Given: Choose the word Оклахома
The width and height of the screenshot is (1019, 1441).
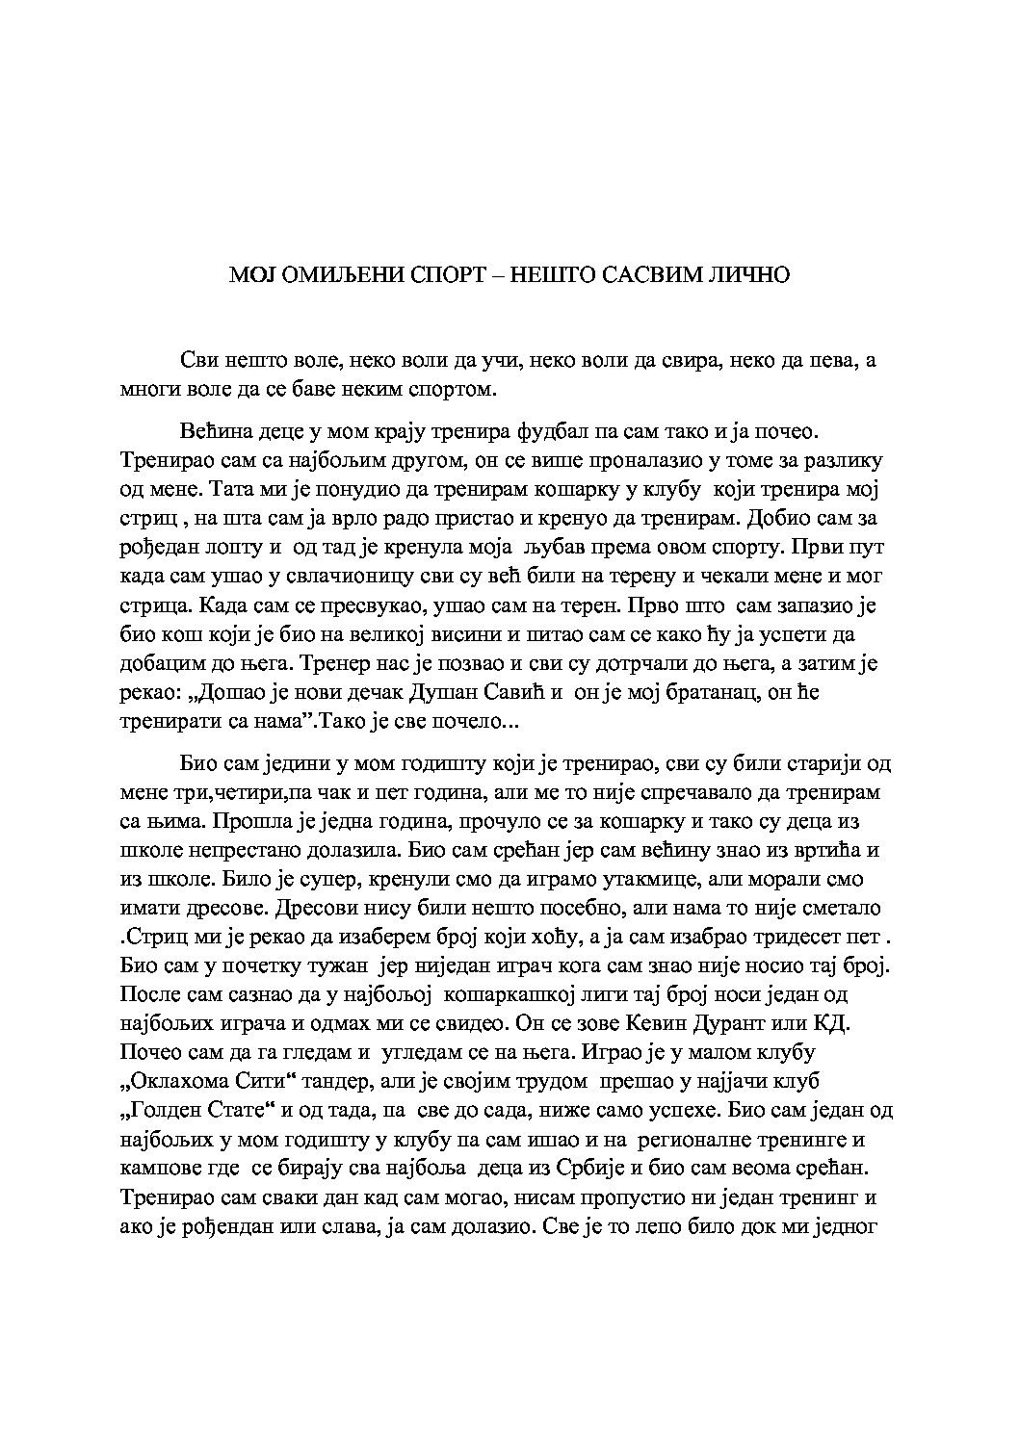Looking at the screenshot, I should coord(179,1082).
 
